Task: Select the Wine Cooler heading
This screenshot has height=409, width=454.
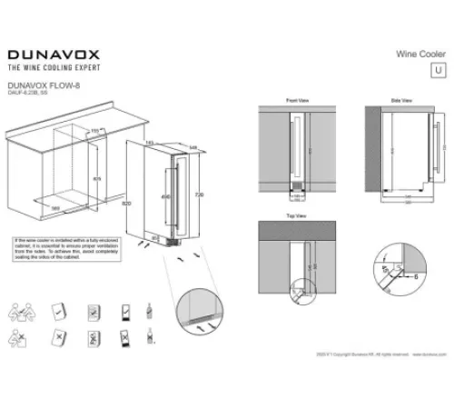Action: point(420,54)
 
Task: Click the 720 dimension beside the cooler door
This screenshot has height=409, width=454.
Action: point(197,196)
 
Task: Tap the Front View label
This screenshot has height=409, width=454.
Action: point(298,99)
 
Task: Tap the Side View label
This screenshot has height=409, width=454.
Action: point(402,99)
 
